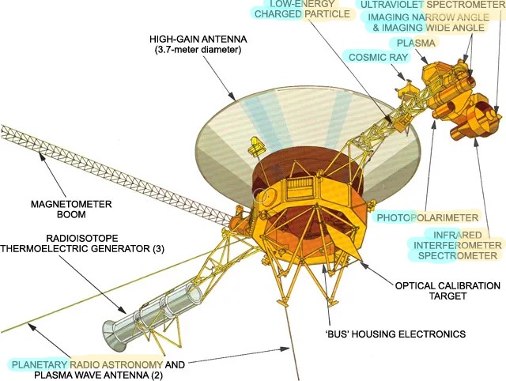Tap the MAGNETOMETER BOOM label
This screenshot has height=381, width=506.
(x=71, y=209)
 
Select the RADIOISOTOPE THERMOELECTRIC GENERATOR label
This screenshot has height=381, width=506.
(x=82, y=243)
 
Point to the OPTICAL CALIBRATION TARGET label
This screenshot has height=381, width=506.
(x=447, y=291)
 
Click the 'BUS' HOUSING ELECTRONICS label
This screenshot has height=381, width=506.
(x=395, y=334)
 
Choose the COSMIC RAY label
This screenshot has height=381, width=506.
(x=379, y=58)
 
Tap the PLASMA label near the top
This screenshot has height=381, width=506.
(x=416, y=43)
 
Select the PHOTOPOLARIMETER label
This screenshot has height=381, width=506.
(x=428, y=217)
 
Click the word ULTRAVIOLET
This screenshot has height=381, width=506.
(x=392, y=5)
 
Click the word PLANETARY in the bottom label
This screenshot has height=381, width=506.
(x=39, y=365)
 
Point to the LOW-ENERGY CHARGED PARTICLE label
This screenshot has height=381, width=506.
(x=302, y=9)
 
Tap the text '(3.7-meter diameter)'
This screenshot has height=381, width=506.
(x=198, y=50)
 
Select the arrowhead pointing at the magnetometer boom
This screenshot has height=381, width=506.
(x=42, y=157)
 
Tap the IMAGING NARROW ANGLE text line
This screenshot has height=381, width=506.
(x=429, y=17)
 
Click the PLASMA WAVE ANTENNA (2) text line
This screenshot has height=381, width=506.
(x=98, y=375)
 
